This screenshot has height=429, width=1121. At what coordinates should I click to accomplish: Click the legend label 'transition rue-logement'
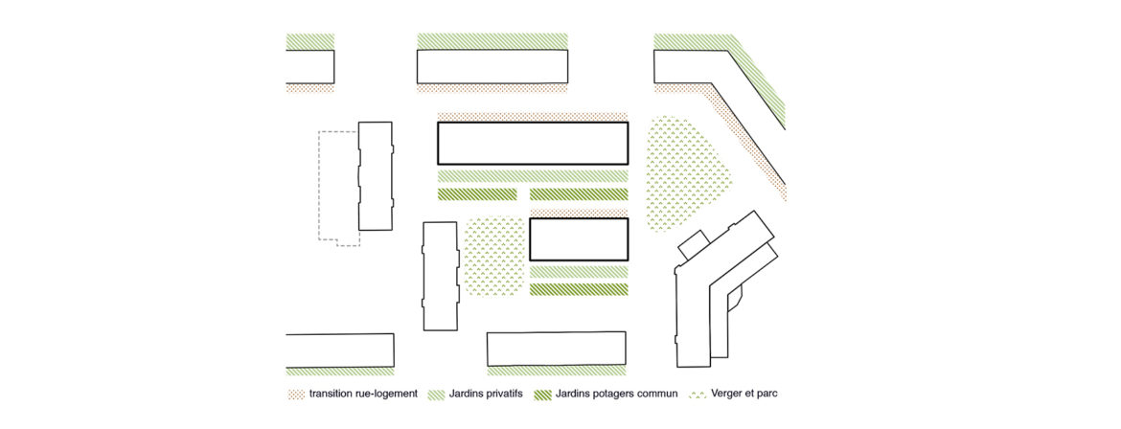point(363,394)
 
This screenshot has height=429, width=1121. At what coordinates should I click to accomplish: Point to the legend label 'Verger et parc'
point(743,394)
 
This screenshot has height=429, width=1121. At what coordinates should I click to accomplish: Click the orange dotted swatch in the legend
point(296,394)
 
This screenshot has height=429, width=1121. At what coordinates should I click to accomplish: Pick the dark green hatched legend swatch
point(542,394)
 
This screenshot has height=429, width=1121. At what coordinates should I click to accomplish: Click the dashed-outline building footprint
point(339,189)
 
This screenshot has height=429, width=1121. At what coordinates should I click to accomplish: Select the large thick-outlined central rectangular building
point(533,143)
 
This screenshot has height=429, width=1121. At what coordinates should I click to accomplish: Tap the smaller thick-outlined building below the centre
point(579,239)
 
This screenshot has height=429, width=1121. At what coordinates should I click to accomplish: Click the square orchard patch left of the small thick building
point(494,259)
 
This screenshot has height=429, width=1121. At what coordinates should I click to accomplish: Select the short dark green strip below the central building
point(477,194)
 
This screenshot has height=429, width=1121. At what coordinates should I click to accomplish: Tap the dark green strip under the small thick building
point(579,289)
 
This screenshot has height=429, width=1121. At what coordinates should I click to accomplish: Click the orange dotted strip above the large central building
point(533,116)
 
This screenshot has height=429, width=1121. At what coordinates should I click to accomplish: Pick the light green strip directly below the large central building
point(533,176)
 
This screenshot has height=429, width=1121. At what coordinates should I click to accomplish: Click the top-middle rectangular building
point(492,66)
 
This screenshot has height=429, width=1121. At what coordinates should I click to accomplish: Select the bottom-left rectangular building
point(340,350)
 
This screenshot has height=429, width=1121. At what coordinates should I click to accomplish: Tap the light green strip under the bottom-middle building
point(557,372)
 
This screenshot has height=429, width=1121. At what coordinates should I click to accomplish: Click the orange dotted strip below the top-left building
point(310,88)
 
